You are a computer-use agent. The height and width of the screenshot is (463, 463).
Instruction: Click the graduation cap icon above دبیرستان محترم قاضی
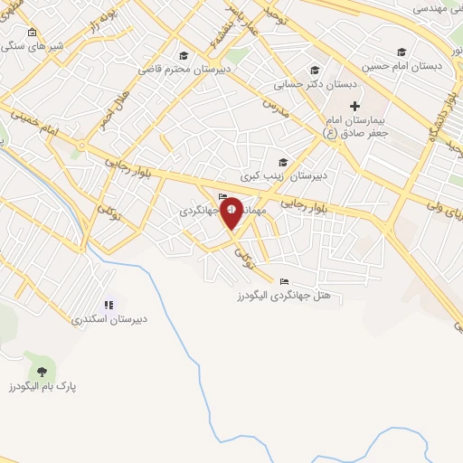click(184, 54)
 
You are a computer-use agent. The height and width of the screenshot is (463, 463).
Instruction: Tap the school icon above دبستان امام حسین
click(401, 52)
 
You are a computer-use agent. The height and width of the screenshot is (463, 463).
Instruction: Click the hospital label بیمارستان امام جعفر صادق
click(355, 126)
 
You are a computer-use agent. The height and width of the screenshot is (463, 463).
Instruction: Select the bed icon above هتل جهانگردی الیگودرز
click(285, 281)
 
